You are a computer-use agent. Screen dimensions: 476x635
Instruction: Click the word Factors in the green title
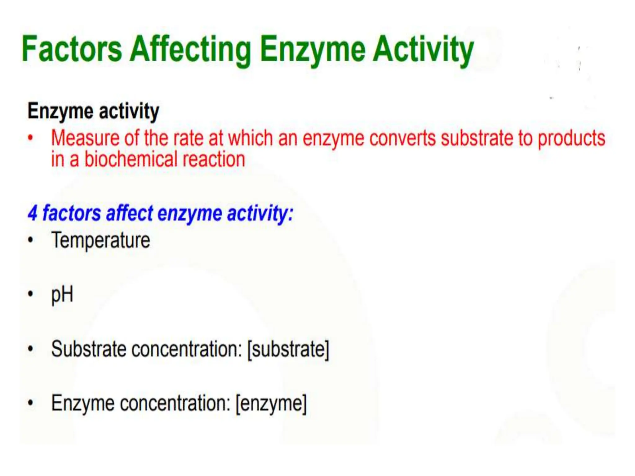72,49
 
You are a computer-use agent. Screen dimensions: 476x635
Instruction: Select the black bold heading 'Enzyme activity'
93,111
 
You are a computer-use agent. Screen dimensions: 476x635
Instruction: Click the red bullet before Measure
30,138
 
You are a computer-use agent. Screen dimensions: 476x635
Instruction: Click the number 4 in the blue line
33,213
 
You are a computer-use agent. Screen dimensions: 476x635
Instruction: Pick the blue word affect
129,213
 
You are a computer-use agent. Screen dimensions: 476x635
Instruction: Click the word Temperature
101,240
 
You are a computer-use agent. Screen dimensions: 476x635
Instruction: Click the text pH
62,295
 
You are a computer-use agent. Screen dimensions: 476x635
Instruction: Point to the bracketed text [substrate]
288,349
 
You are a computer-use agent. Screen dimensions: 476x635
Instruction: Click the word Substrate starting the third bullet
88,349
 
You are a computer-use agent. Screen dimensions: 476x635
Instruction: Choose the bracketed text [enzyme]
271,403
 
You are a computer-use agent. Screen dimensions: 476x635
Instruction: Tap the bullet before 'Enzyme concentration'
30,403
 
